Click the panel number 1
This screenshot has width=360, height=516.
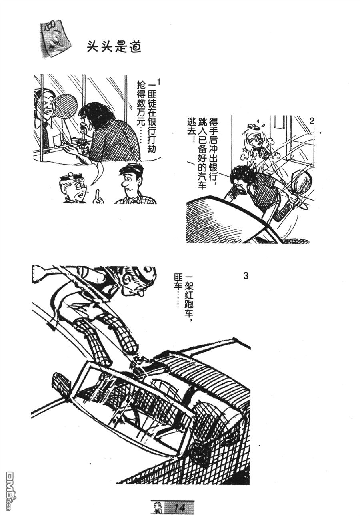(159, 82)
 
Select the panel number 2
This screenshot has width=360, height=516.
(312, 121)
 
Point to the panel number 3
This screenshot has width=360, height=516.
(246, 276)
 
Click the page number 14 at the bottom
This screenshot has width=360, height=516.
(180, 506)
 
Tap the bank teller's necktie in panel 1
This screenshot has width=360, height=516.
(46, 136)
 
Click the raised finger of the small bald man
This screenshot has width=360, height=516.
(97, 195)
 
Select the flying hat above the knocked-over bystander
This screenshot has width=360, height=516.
(254, 126)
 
